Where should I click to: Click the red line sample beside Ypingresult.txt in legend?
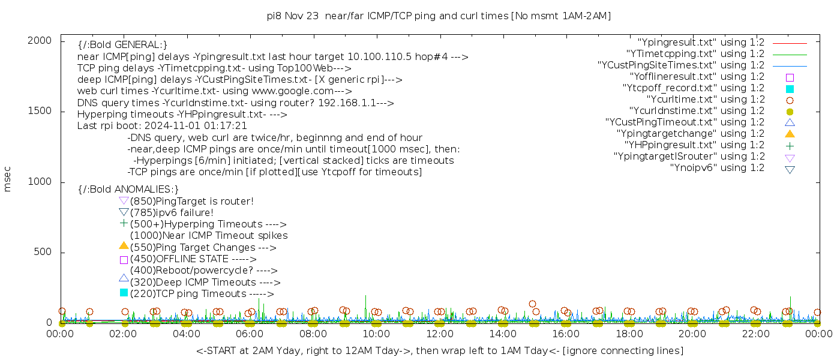tap(790, 43)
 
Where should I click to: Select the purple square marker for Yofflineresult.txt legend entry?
tap(790, 77)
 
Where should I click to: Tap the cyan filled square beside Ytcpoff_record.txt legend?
tap(790, 88)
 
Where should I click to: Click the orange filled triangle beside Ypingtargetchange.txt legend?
tap(790, 133)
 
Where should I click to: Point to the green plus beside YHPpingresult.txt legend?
tap(790, 145)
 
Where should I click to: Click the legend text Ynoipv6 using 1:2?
tap(717, 168)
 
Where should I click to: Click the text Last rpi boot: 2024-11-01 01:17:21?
tap(162, 126)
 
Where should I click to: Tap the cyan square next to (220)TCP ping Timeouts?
tap(124, 293)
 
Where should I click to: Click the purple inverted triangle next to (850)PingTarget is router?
tap(124, 201)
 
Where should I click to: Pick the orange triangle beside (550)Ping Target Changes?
tap(124, 245)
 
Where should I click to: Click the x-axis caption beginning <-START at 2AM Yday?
tap(439, 350)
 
